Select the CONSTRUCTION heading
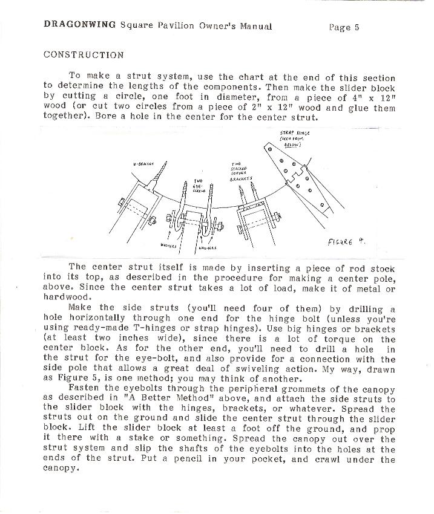84,54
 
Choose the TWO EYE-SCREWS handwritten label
199,185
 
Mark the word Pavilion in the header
169,26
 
